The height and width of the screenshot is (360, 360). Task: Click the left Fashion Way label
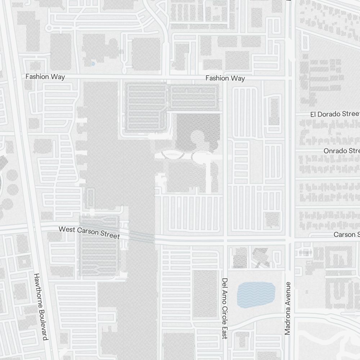pos(45,77)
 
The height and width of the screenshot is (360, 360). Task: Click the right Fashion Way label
pos(225,78)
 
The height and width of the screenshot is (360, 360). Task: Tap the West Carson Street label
pos(89,232)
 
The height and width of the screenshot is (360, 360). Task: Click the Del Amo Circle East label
pos(225,308)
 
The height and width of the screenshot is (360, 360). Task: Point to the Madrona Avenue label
pos(287,309)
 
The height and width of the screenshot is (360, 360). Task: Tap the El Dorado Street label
pos(335,114)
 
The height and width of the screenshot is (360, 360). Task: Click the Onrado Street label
pos(341,150)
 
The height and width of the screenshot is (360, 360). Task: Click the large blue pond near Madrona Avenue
pos(256,295)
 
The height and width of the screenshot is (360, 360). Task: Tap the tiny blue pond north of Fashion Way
pos(93,64)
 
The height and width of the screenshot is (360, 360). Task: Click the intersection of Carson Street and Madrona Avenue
pos(291,239)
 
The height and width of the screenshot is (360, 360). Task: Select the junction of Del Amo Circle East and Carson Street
pos(225,239)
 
